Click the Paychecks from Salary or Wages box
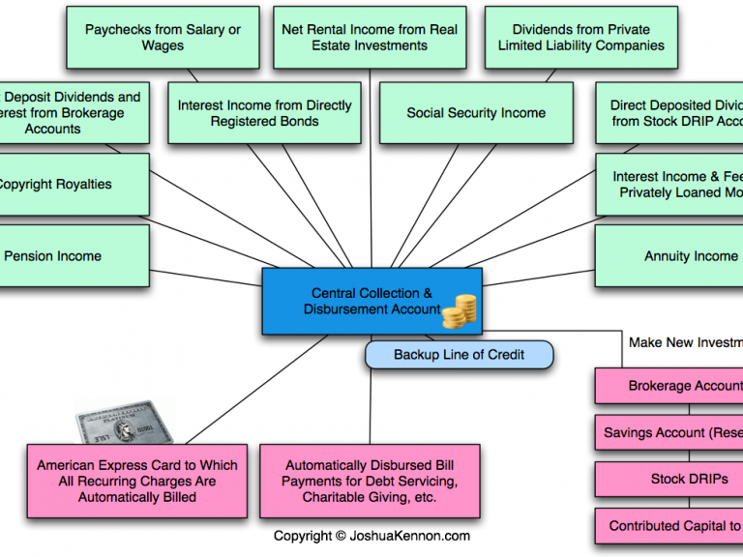[x=163, y=38]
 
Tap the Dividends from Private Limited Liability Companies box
[x=580, y=38]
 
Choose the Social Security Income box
[x=476, y=113]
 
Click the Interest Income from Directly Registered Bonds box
[x=264, y=113]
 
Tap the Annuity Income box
[x=677, y=256]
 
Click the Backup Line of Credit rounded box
[x=459, y=355]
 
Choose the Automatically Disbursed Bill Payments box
[x=369, y=481]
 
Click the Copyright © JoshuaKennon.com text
[x=371, y=536]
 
